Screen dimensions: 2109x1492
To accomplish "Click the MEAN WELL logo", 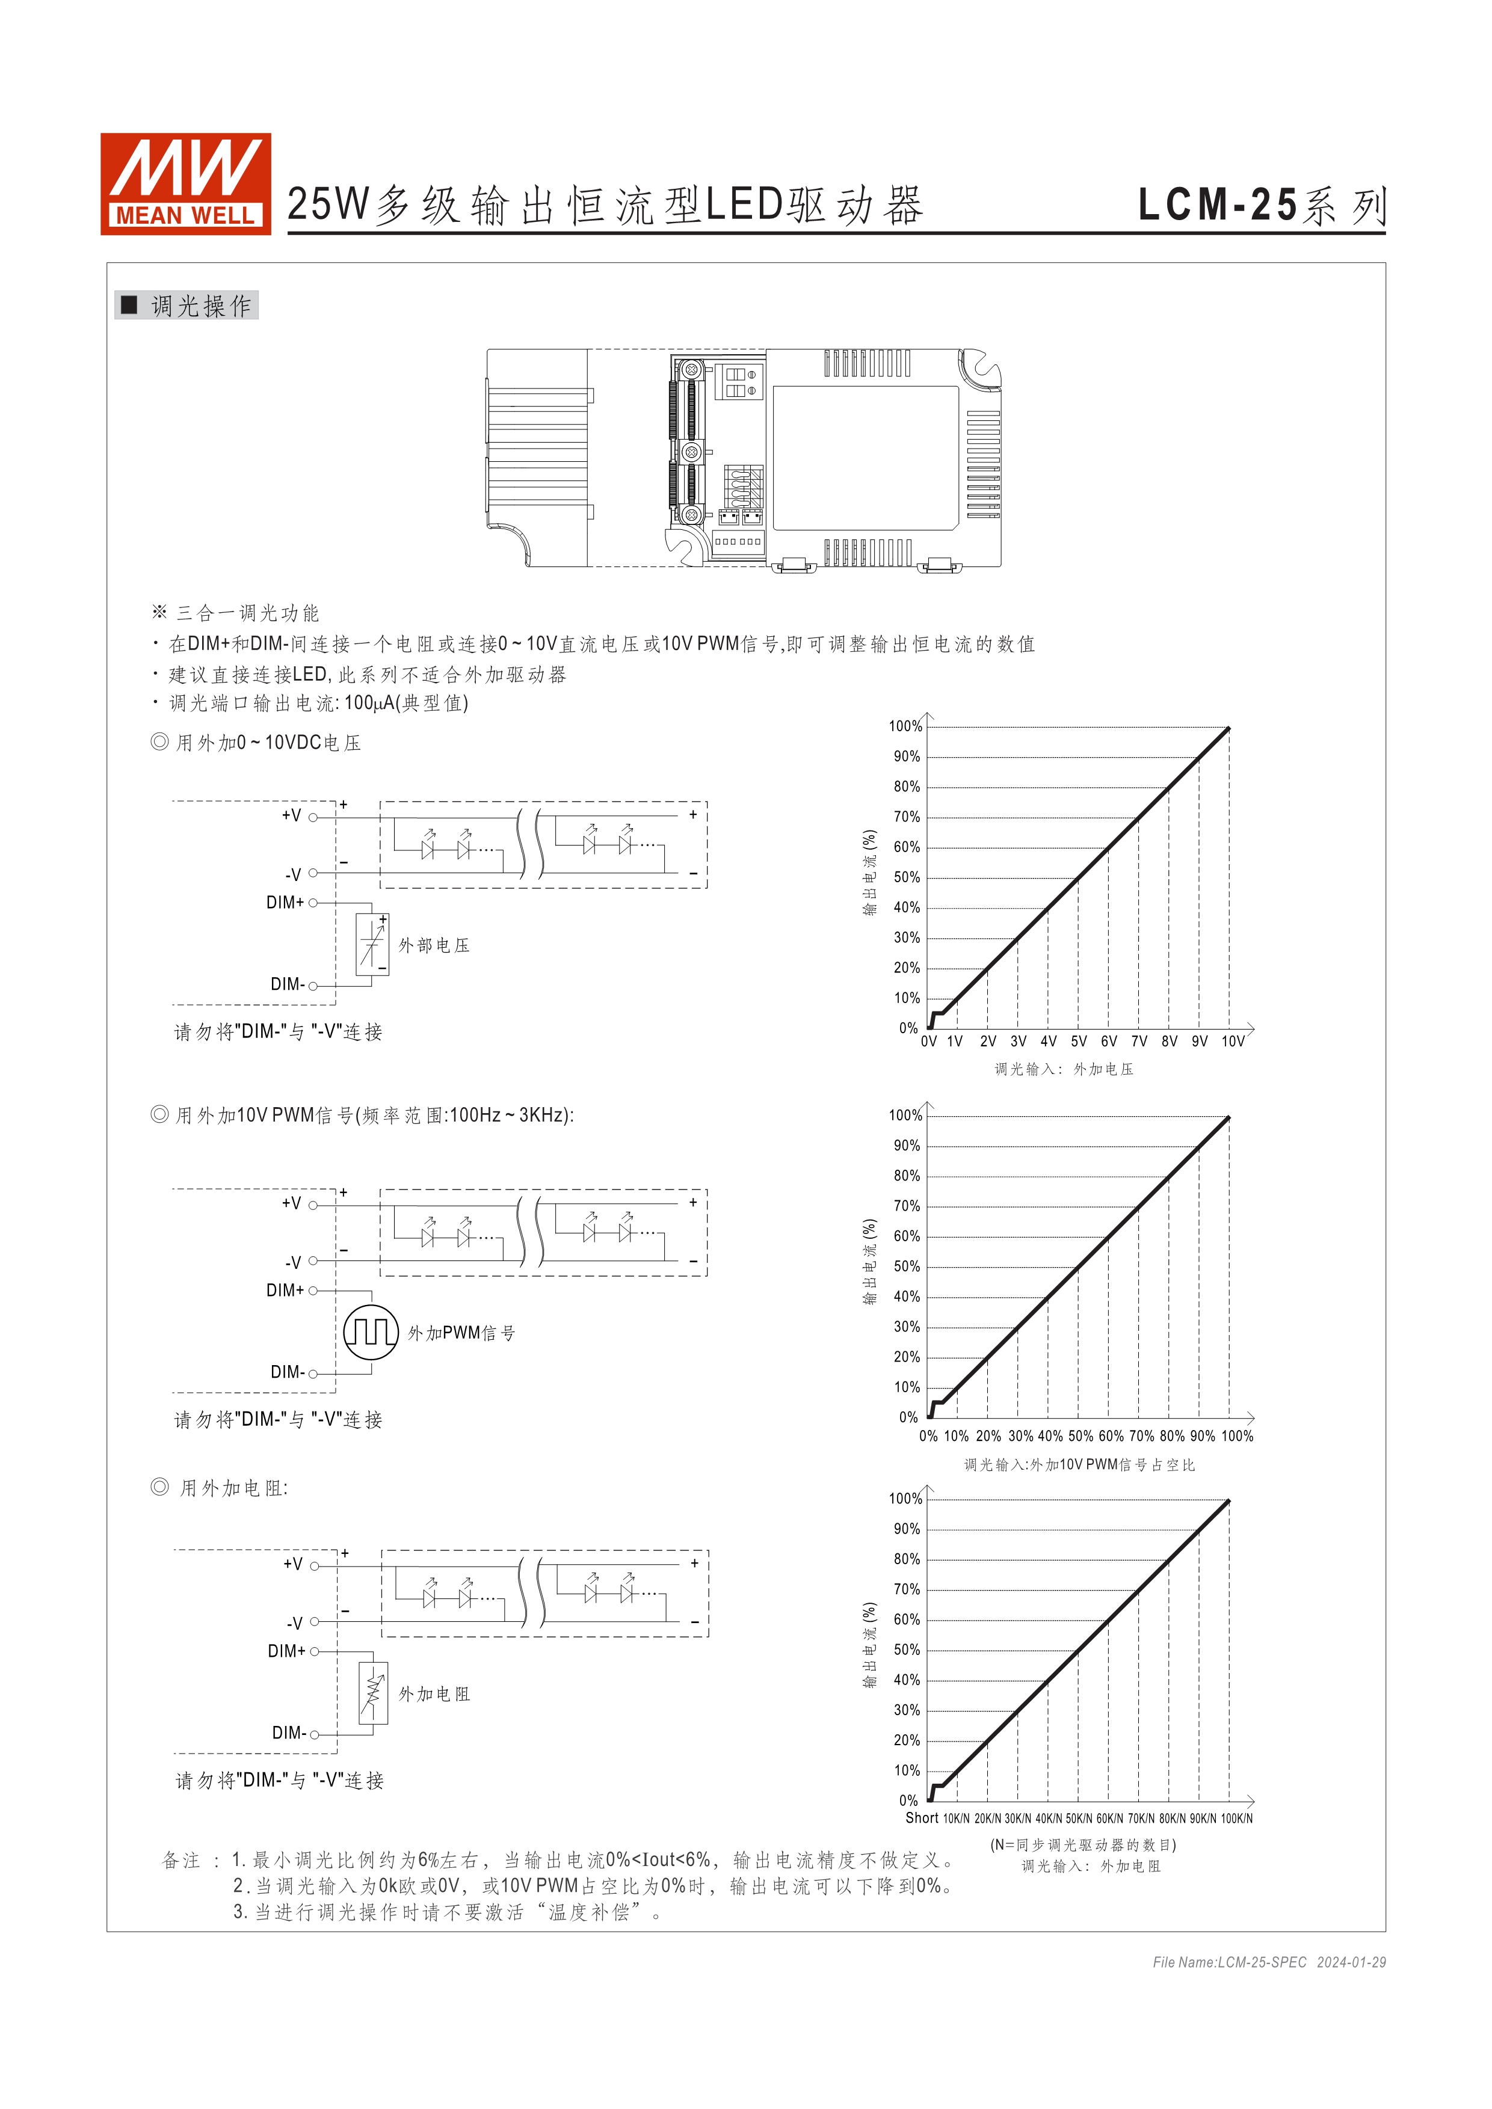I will click(x=185, y=183).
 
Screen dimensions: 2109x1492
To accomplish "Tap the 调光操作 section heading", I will click(x=188, y=306).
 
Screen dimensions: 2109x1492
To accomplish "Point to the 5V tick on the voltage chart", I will click(x=1079, y=1042).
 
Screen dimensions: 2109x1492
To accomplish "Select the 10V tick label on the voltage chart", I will click(x=1233, y=1042).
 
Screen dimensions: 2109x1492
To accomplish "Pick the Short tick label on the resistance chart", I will click(x=922, y=1818).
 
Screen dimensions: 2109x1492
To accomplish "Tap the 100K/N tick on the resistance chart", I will click(x=1236, y=1819).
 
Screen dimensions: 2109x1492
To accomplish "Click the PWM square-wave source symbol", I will click(x=371, y=1332).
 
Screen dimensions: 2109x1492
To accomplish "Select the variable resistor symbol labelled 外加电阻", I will click(x=373, y=1693).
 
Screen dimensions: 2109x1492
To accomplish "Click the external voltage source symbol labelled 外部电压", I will click(x=372, y=944).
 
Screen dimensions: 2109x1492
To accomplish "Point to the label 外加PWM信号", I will click(x=461, y=1333).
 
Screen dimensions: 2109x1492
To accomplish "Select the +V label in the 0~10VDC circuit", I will click(x=291, y=815).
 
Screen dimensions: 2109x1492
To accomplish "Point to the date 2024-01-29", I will click(x=1351, y=1963).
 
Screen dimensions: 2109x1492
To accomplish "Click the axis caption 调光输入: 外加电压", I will click(x=1064, y=1069).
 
